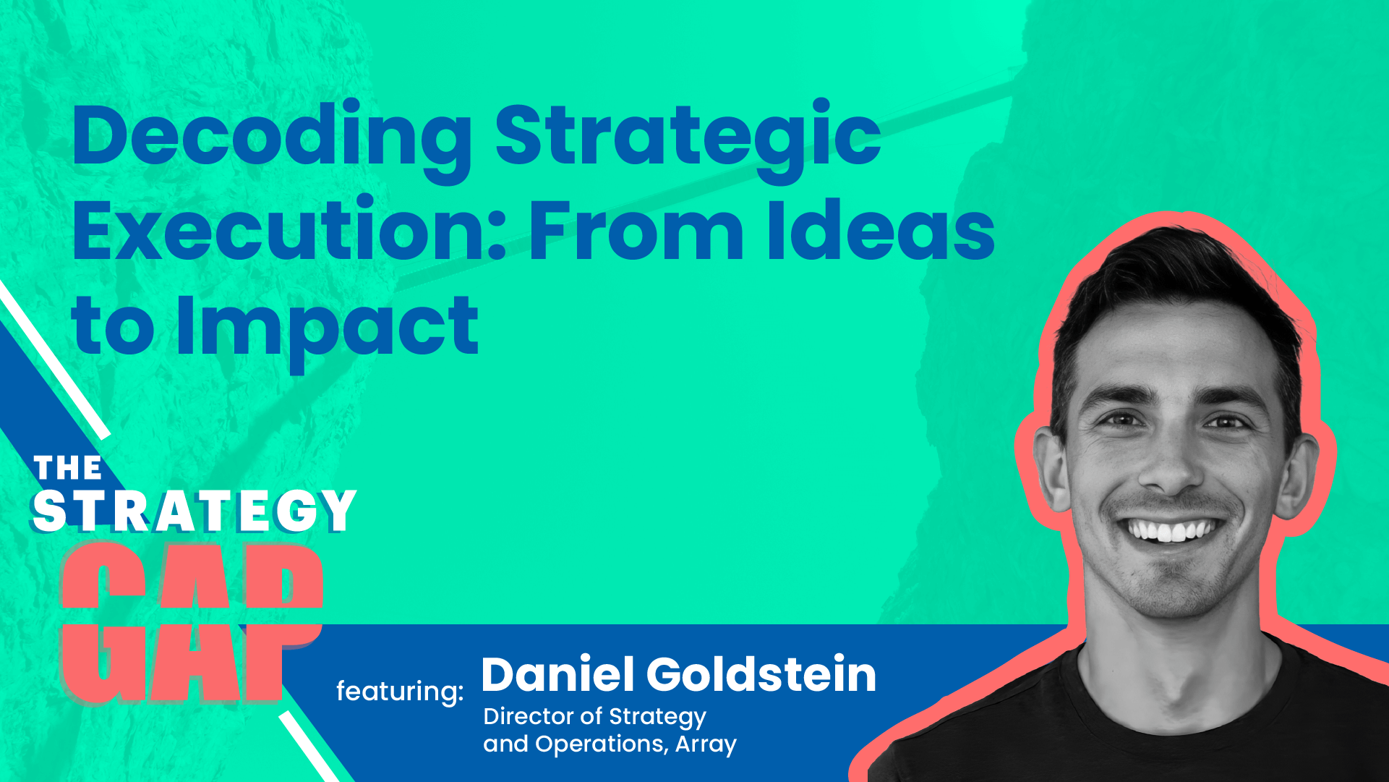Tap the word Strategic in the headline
(687, 137)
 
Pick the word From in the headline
(636, 231)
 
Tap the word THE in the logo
(68, 468)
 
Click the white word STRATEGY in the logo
(194, 511)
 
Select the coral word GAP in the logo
(192, 622)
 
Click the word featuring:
(400, 692)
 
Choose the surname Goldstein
(761, 674)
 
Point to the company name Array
(706, 744)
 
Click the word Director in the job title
(531, 716)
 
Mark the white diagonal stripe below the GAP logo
(307, 745)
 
